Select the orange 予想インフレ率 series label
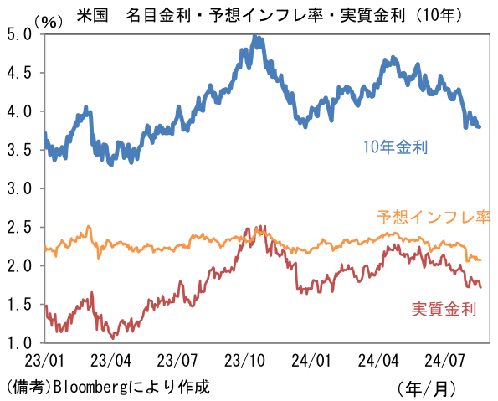[433, 218]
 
